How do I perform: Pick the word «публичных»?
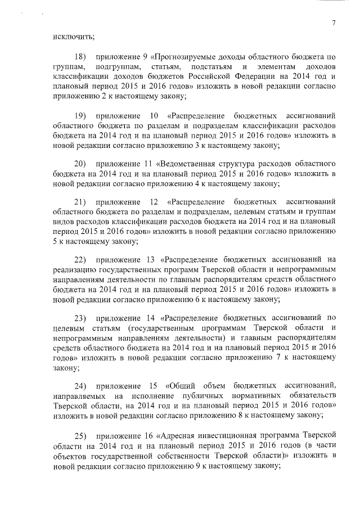pyautogui.click(x=181, y=395)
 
